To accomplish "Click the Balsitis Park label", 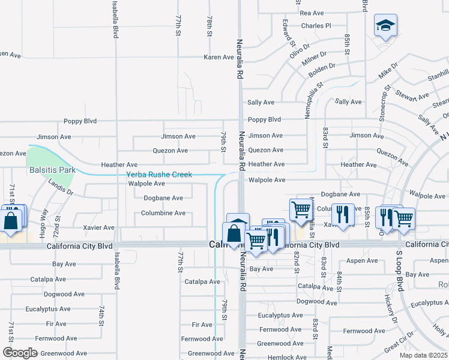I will pos(53,170).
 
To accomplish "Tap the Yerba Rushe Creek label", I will pos(159,175).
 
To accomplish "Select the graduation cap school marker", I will pos(385,26).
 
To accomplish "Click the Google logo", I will pos(20,353).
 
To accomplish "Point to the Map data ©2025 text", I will pos(423,355).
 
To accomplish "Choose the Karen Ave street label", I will pos(218,57).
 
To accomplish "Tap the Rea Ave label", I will pos(312,13).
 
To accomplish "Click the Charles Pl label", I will pos(316,26).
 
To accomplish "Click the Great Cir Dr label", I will pos(399,344).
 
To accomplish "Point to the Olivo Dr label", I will pos(299,47).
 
